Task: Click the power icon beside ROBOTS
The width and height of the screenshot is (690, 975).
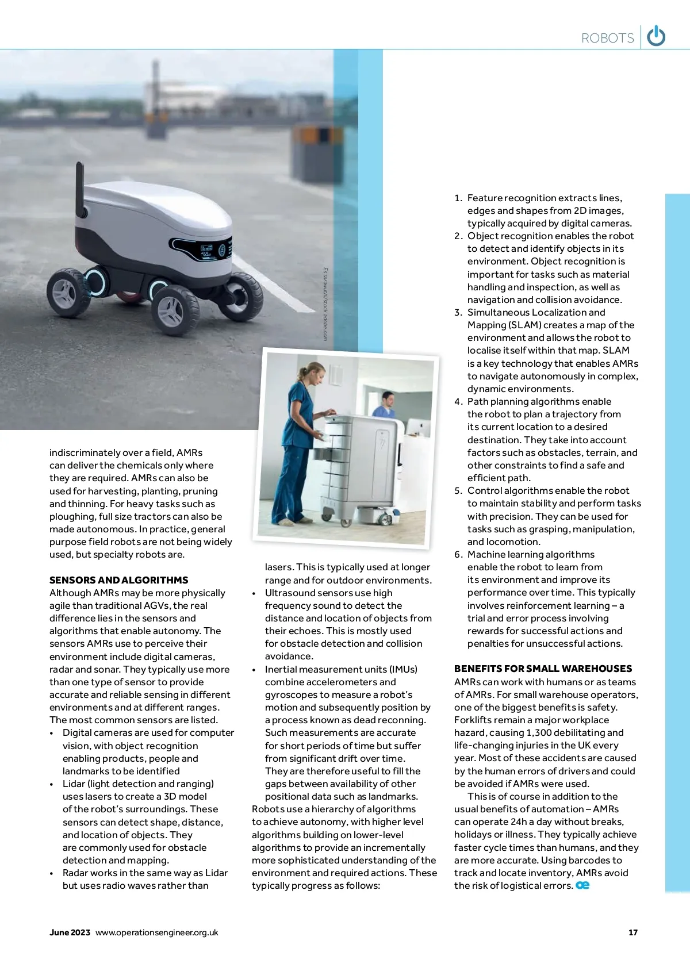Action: (656, 37)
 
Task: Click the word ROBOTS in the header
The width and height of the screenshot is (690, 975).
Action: (607, 39)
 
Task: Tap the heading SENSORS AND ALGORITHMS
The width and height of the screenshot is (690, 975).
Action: (118, 580)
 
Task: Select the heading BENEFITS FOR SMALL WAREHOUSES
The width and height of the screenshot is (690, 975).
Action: (543, 669)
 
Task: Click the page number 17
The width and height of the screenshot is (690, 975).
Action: (633, 932)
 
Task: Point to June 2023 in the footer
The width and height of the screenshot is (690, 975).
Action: (70, 932)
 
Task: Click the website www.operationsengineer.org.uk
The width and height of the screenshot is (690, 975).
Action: (157, 932)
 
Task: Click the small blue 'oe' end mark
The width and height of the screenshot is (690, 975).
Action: (582, 885)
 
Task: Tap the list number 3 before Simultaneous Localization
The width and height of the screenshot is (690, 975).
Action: (458, 312)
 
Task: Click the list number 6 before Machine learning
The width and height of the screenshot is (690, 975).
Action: (458, 554)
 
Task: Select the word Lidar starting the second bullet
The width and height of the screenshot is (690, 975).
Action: (74, 784)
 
